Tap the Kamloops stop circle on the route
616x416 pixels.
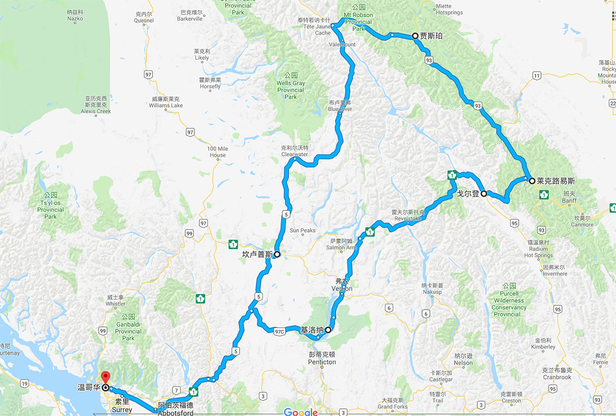[277, 254]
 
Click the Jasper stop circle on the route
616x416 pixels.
[415, 35]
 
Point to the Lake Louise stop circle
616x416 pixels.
[532, 181]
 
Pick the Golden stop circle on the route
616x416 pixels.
[484, 193]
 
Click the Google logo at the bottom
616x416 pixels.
[301, 412]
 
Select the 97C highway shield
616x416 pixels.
[280, 332]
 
